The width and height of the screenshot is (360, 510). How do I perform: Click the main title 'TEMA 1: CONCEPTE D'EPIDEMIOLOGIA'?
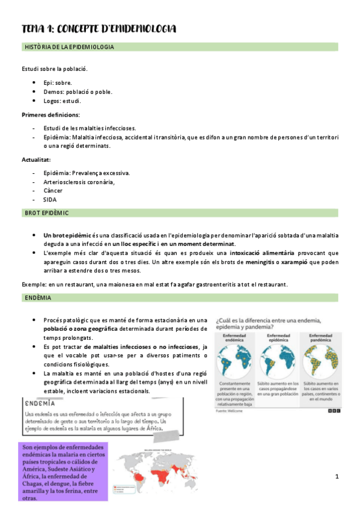pos(99,28)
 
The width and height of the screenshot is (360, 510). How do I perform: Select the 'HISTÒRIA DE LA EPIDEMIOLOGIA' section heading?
pos(69,46)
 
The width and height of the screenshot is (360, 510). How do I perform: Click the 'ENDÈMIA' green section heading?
pos(38,298)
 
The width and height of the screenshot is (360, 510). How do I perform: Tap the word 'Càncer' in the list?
pos(53,190)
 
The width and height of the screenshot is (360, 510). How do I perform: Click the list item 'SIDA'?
pos(50,199)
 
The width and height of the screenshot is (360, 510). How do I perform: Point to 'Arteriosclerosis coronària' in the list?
pos(79,182)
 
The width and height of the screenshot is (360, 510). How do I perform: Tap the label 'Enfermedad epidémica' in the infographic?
pos(276,338)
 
